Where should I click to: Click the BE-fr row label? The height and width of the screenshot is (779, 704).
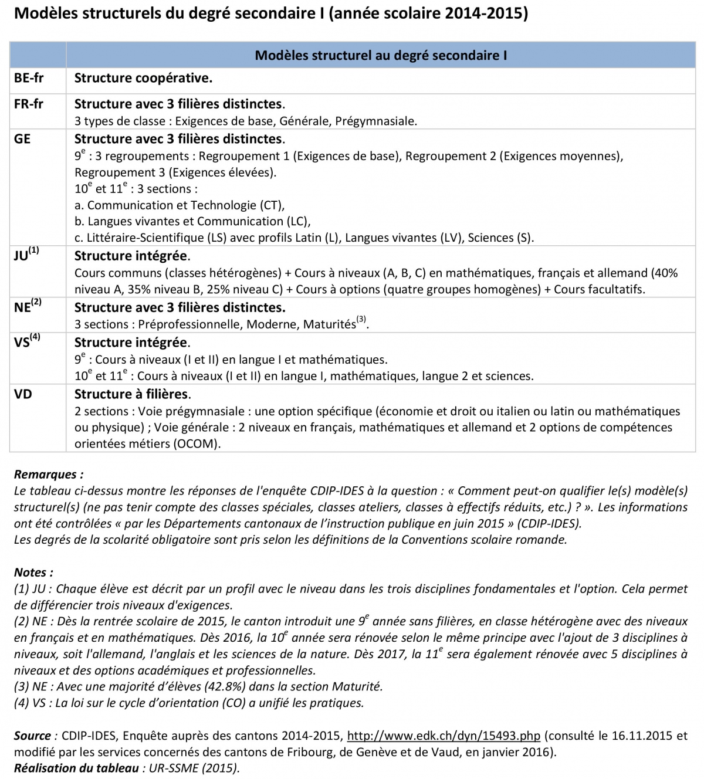[28, 78]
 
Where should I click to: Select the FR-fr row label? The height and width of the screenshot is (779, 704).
[28, 104]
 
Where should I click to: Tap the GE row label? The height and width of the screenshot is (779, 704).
[22, 139]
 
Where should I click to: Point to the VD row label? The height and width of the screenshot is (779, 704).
[23, 394]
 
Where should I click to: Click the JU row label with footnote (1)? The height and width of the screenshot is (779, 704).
[26, 255]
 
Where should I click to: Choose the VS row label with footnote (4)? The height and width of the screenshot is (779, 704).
[26, 341]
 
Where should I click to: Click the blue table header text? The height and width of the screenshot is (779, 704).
[381, 56]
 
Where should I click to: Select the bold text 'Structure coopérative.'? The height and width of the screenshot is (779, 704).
[143, 78]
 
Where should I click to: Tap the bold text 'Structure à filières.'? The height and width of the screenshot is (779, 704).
[133, 394]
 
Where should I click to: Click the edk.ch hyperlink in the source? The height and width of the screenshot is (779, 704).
[444, 736]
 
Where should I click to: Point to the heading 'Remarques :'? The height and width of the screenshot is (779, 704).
[49, 475]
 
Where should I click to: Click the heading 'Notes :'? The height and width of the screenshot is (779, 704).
[33, 573]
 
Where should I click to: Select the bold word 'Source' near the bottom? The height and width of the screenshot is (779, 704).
[32, 736]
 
